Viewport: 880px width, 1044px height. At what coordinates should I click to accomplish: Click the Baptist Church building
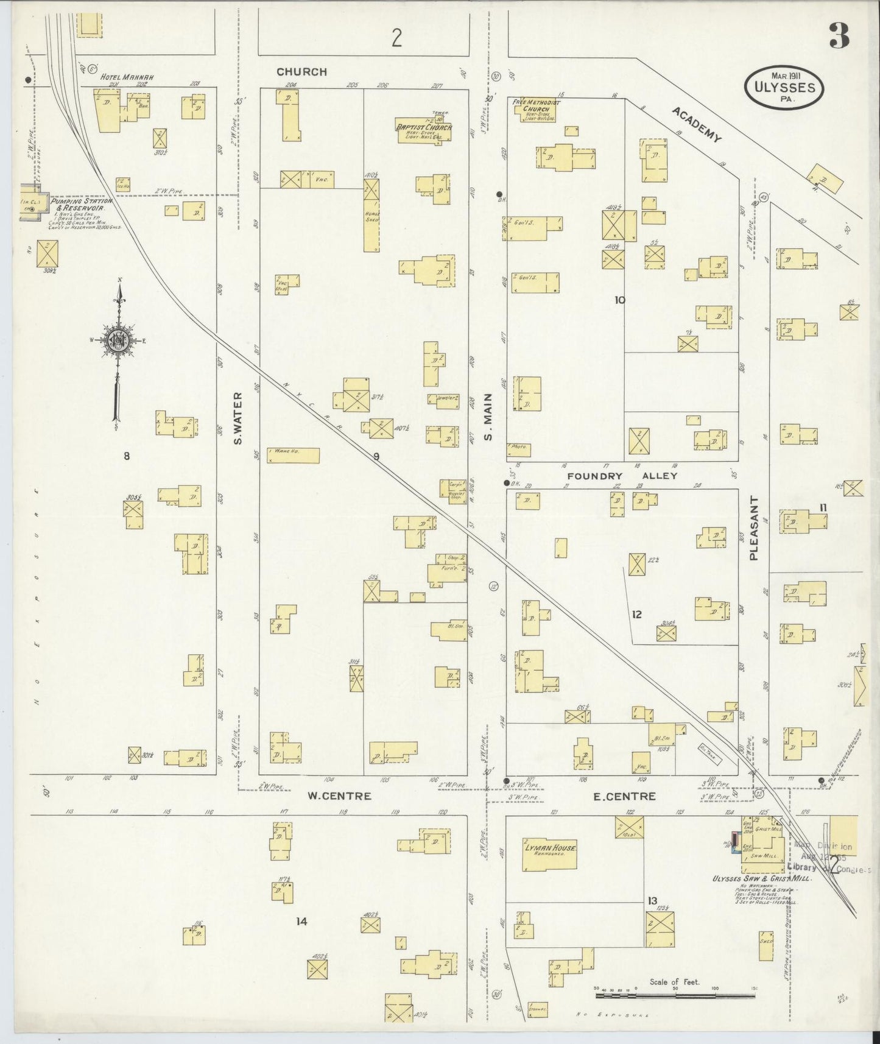click(424, 129)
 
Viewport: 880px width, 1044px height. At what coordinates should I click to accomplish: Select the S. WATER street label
click(238, 418)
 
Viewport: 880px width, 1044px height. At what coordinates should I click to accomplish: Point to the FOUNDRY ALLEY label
click(622, 476)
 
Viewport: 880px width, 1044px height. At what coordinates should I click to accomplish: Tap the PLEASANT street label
click(754, 528)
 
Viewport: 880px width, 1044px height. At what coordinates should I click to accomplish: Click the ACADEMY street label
click(697, 124)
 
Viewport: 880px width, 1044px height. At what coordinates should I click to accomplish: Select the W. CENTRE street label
click(339, 795)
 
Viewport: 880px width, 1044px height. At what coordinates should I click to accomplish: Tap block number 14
click(301, 922)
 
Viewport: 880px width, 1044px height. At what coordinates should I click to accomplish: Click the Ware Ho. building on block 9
click(294, 456)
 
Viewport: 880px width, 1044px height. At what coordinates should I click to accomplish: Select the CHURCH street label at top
click(301, 72)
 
